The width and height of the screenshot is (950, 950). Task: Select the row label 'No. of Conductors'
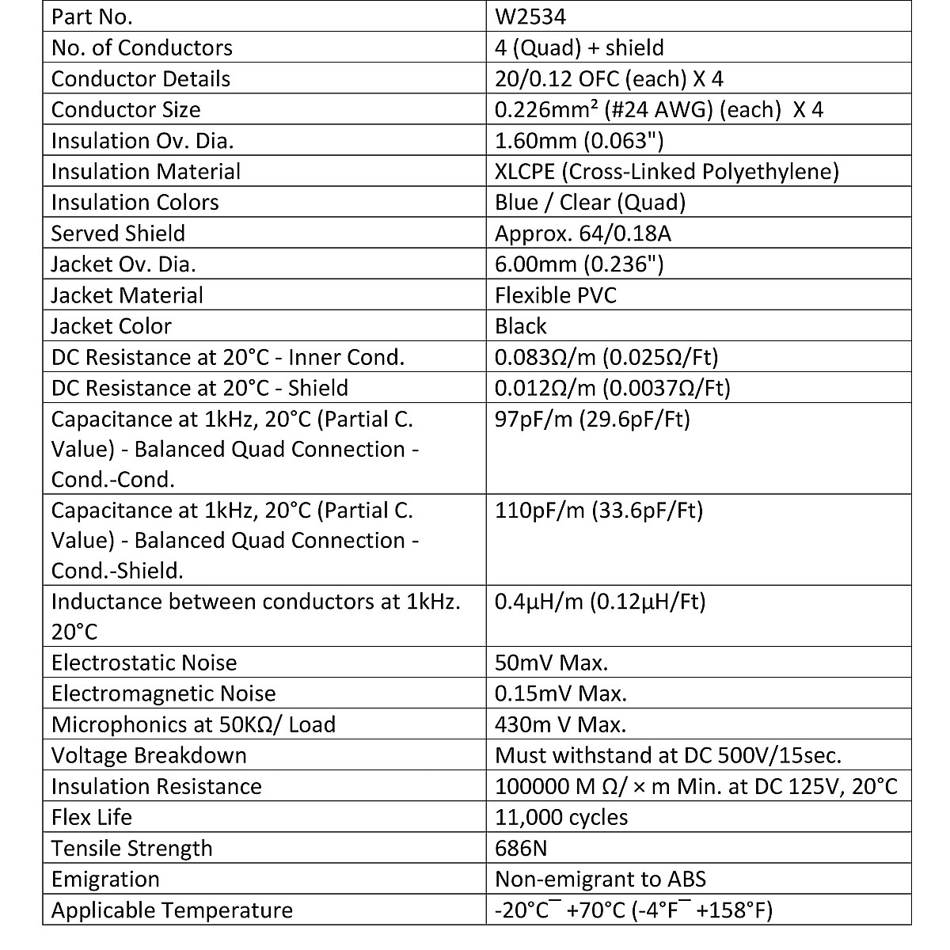point(142,47)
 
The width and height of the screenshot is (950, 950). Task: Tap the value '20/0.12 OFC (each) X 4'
point(609,78)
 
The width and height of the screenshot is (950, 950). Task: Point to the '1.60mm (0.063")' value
point(579,140)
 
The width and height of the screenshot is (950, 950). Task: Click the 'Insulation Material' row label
point(146,171)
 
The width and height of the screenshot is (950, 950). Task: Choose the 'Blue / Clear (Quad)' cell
point(590,202)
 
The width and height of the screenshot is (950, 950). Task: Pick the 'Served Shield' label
point(118,233)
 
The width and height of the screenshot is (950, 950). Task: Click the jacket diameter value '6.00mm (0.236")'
point(579,264)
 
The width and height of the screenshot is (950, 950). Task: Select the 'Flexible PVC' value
point(555,294)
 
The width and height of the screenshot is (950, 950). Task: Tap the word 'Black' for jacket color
point(520,325)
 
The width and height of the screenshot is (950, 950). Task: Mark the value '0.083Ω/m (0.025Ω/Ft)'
point(606,356)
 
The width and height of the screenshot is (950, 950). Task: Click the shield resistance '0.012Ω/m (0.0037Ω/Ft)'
point(613,387)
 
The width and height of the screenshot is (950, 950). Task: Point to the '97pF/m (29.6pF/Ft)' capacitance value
point(592,418)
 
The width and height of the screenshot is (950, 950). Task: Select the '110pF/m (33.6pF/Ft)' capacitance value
point(598,509)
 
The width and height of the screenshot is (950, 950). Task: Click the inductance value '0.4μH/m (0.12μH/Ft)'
point(600,601)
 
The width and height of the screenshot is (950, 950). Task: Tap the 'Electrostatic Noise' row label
point(144,662)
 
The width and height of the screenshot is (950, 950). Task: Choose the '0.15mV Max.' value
point(560,693)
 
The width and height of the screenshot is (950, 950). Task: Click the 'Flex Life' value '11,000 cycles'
point(561,817)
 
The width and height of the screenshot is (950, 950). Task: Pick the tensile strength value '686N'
point(521,848)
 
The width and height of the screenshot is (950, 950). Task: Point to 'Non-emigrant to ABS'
point(600,879)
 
